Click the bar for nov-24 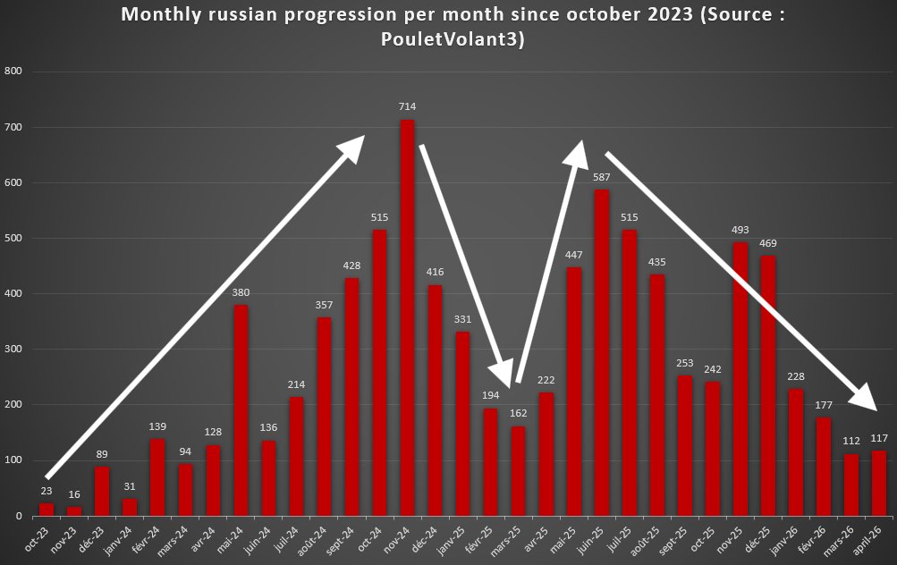(x=407, y=317)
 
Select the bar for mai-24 (x=241, y=410)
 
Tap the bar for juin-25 (x=601, y=352)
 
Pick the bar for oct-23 (x=47, y=510)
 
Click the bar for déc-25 (x=768, y=385)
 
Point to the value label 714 (x=407, y=107)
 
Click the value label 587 (x=601, y=178)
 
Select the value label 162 (x=518, y=414)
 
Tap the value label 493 (x=740, y=230)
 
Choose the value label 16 (x=74, y=494)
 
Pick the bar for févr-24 (x=157, y=477)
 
